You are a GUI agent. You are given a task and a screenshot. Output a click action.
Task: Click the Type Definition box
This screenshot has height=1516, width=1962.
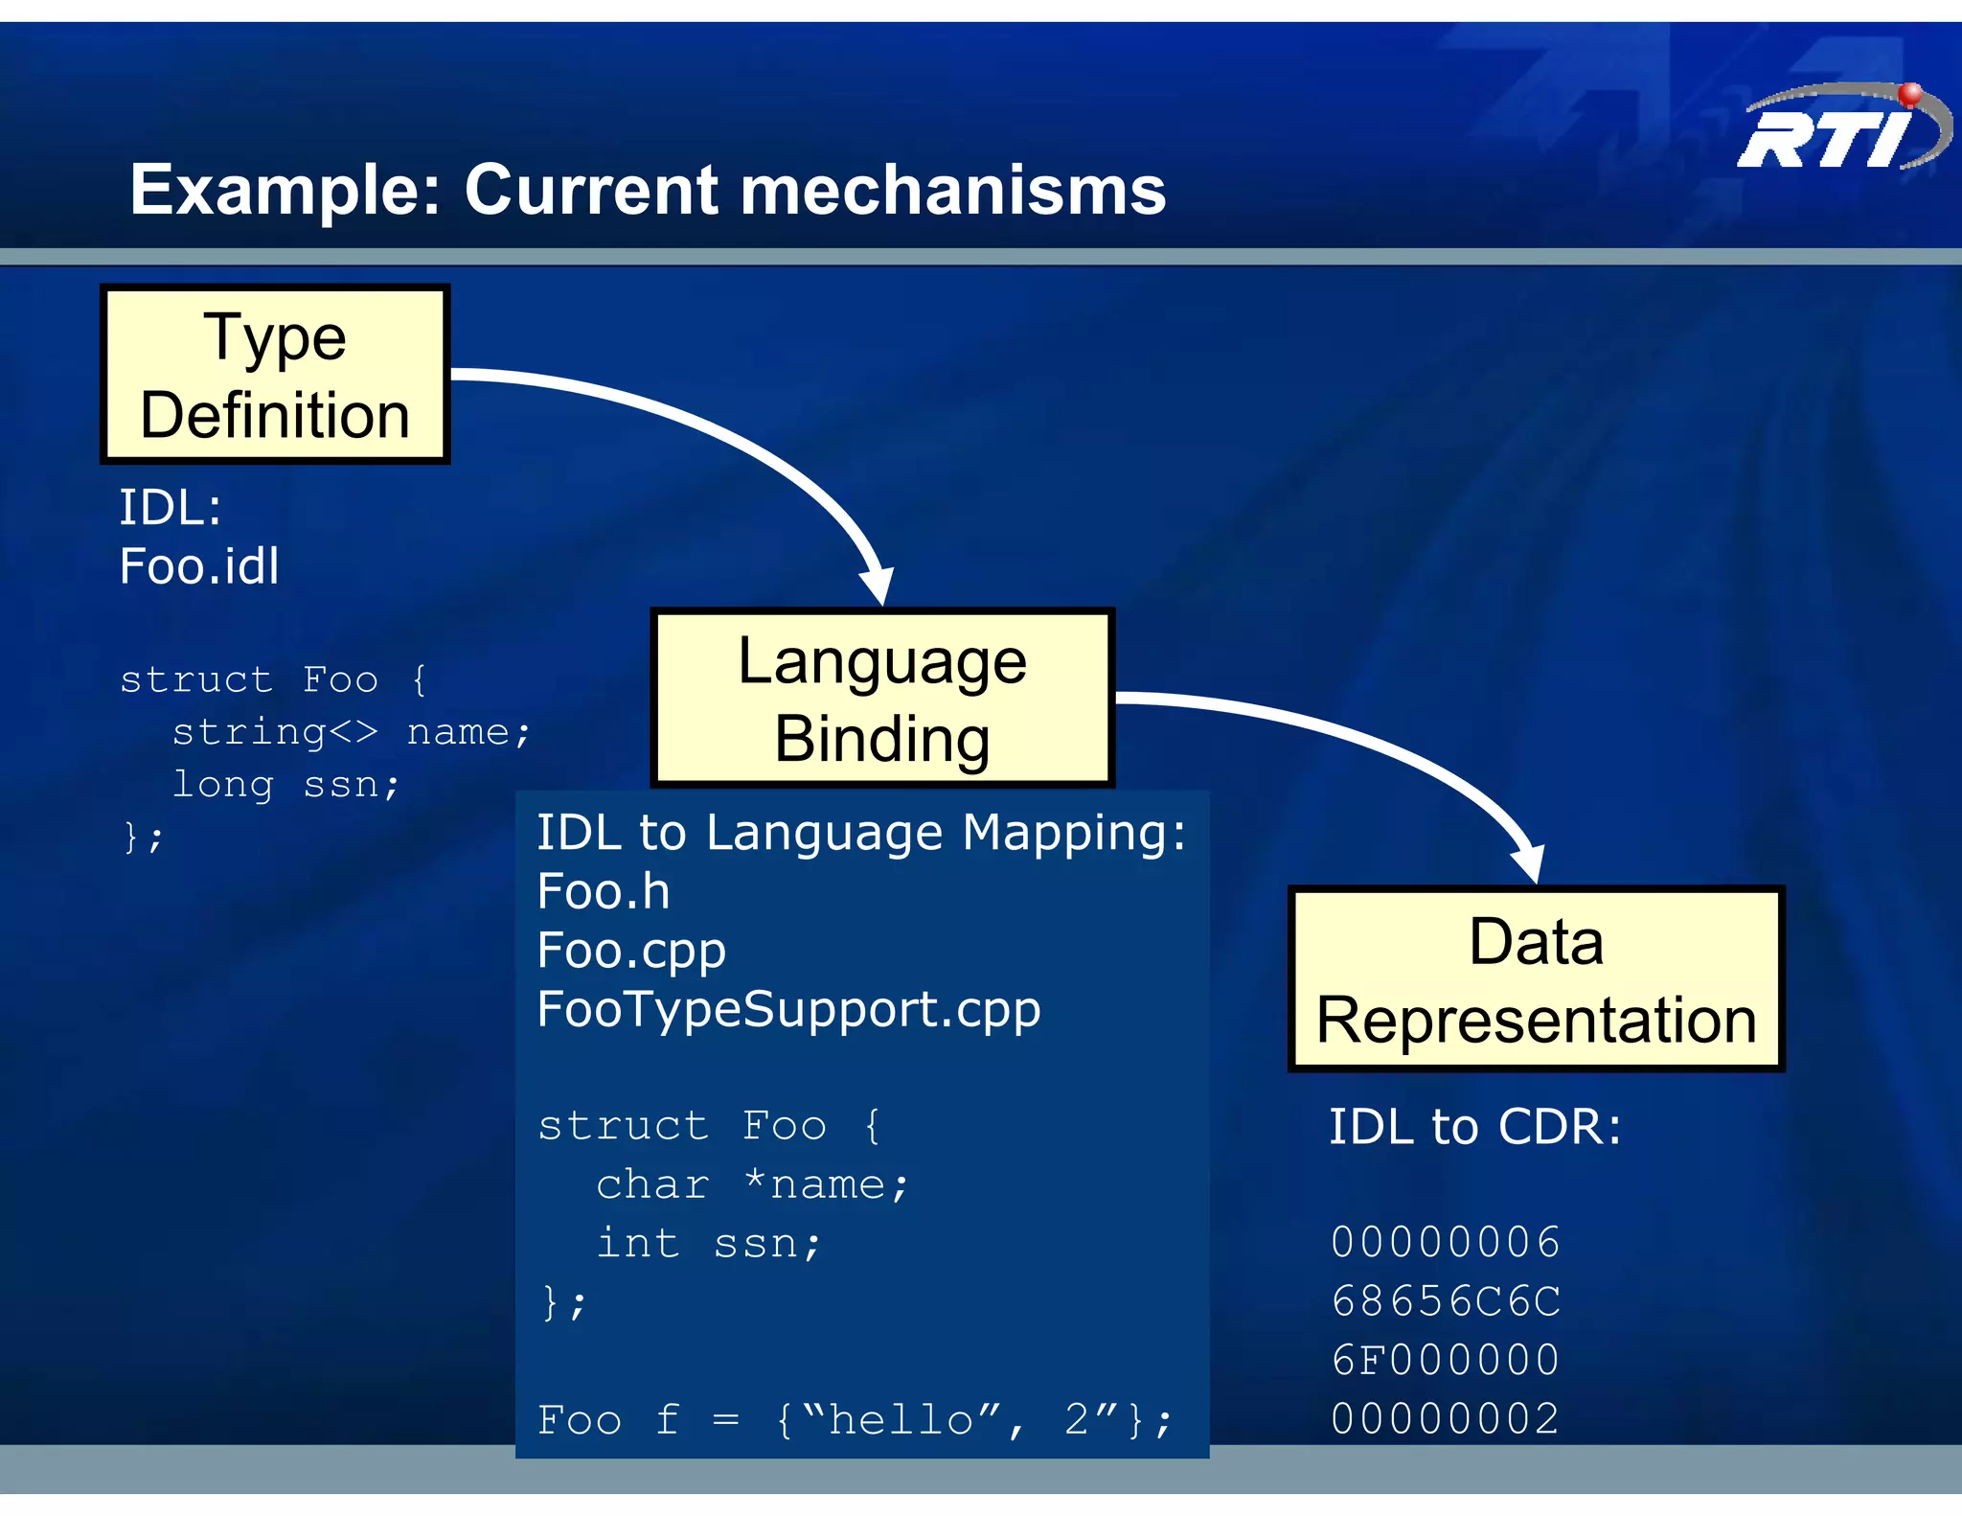pos(275,375)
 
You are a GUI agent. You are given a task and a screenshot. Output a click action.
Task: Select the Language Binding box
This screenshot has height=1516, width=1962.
pos(882,699)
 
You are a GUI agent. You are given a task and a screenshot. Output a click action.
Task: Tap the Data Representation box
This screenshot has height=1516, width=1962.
pos(1536,978)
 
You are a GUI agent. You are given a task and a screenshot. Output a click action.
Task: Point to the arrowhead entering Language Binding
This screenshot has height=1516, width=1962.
pos(878,585)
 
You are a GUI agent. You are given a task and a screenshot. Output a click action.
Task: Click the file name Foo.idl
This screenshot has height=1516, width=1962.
pos(199,565)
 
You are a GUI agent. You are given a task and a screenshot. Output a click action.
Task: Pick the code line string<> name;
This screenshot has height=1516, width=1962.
pos(351,732)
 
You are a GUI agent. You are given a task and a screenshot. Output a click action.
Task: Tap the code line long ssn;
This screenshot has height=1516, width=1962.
pos(285,785)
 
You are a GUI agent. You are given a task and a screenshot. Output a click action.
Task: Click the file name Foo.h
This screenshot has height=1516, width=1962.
pos(603,891)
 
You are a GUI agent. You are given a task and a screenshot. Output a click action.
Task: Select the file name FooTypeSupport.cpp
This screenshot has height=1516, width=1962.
pos(788,1009)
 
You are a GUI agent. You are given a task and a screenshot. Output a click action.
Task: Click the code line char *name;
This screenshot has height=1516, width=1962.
pos(752,1184)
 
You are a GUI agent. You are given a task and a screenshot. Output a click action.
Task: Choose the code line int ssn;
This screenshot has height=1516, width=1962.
pos(709,1244)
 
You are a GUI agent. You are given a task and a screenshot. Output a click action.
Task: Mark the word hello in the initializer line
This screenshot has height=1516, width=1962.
pos(901,1419)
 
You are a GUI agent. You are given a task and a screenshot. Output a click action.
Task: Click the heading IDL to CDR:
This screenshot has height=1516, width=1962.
pos(1474,1127)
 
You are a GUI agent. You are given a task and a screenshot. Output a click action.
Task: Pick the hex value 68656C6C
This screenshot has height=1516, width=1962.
pos(1446,1301)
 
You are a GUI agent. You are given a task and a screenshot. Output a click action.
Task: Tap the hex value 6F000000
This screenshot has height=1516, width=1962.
pos(1446,1360)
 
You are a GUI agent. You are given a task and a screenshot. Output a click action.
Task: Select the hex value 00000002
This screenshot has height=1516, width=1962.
pos(1446,1419)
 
